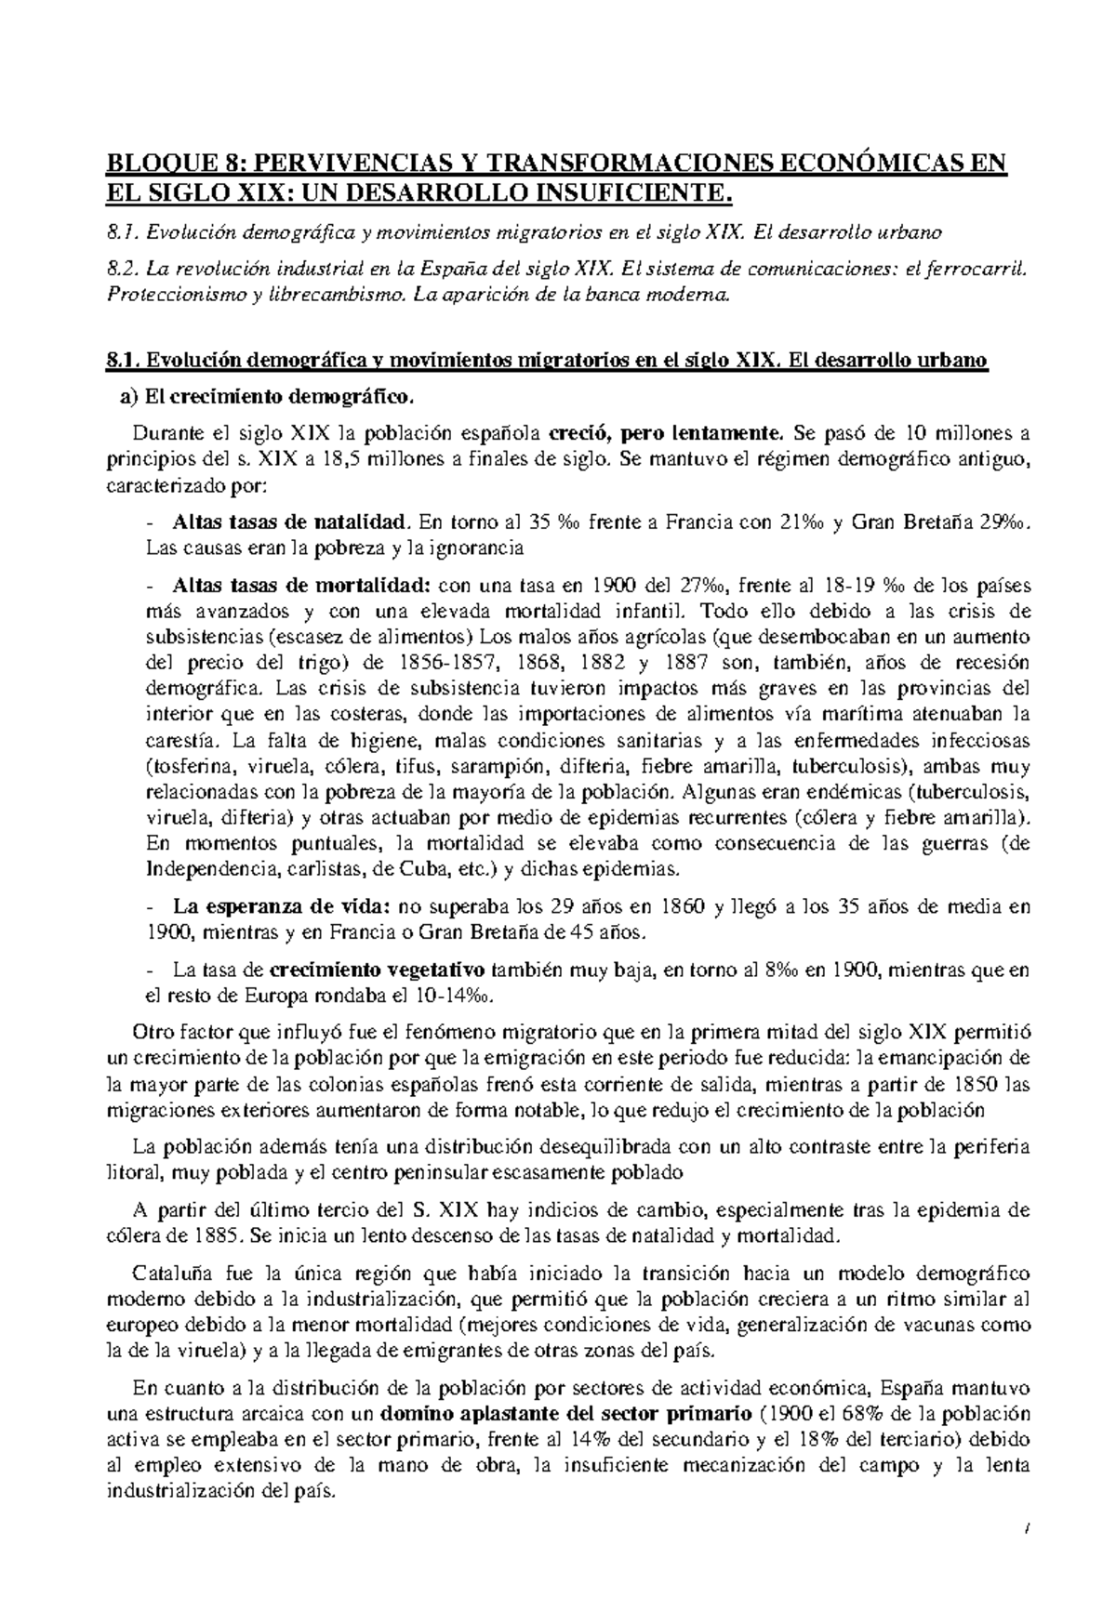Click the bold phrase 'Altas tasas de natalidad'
tap(291, 522)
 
